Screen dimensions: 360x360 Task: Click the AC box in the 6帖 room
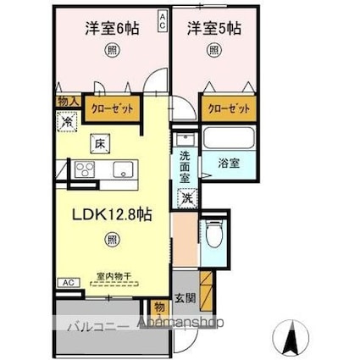coord(162,20)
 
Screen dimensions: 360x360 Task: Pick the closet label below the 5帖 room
coord(229,108)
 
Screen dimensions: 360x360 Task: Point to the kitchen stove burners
coord(85,169)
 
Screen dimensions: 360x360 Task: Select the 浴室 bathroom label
coord(228,160)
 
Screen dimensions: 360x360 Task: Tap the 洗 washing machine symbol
coord(186,197)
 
